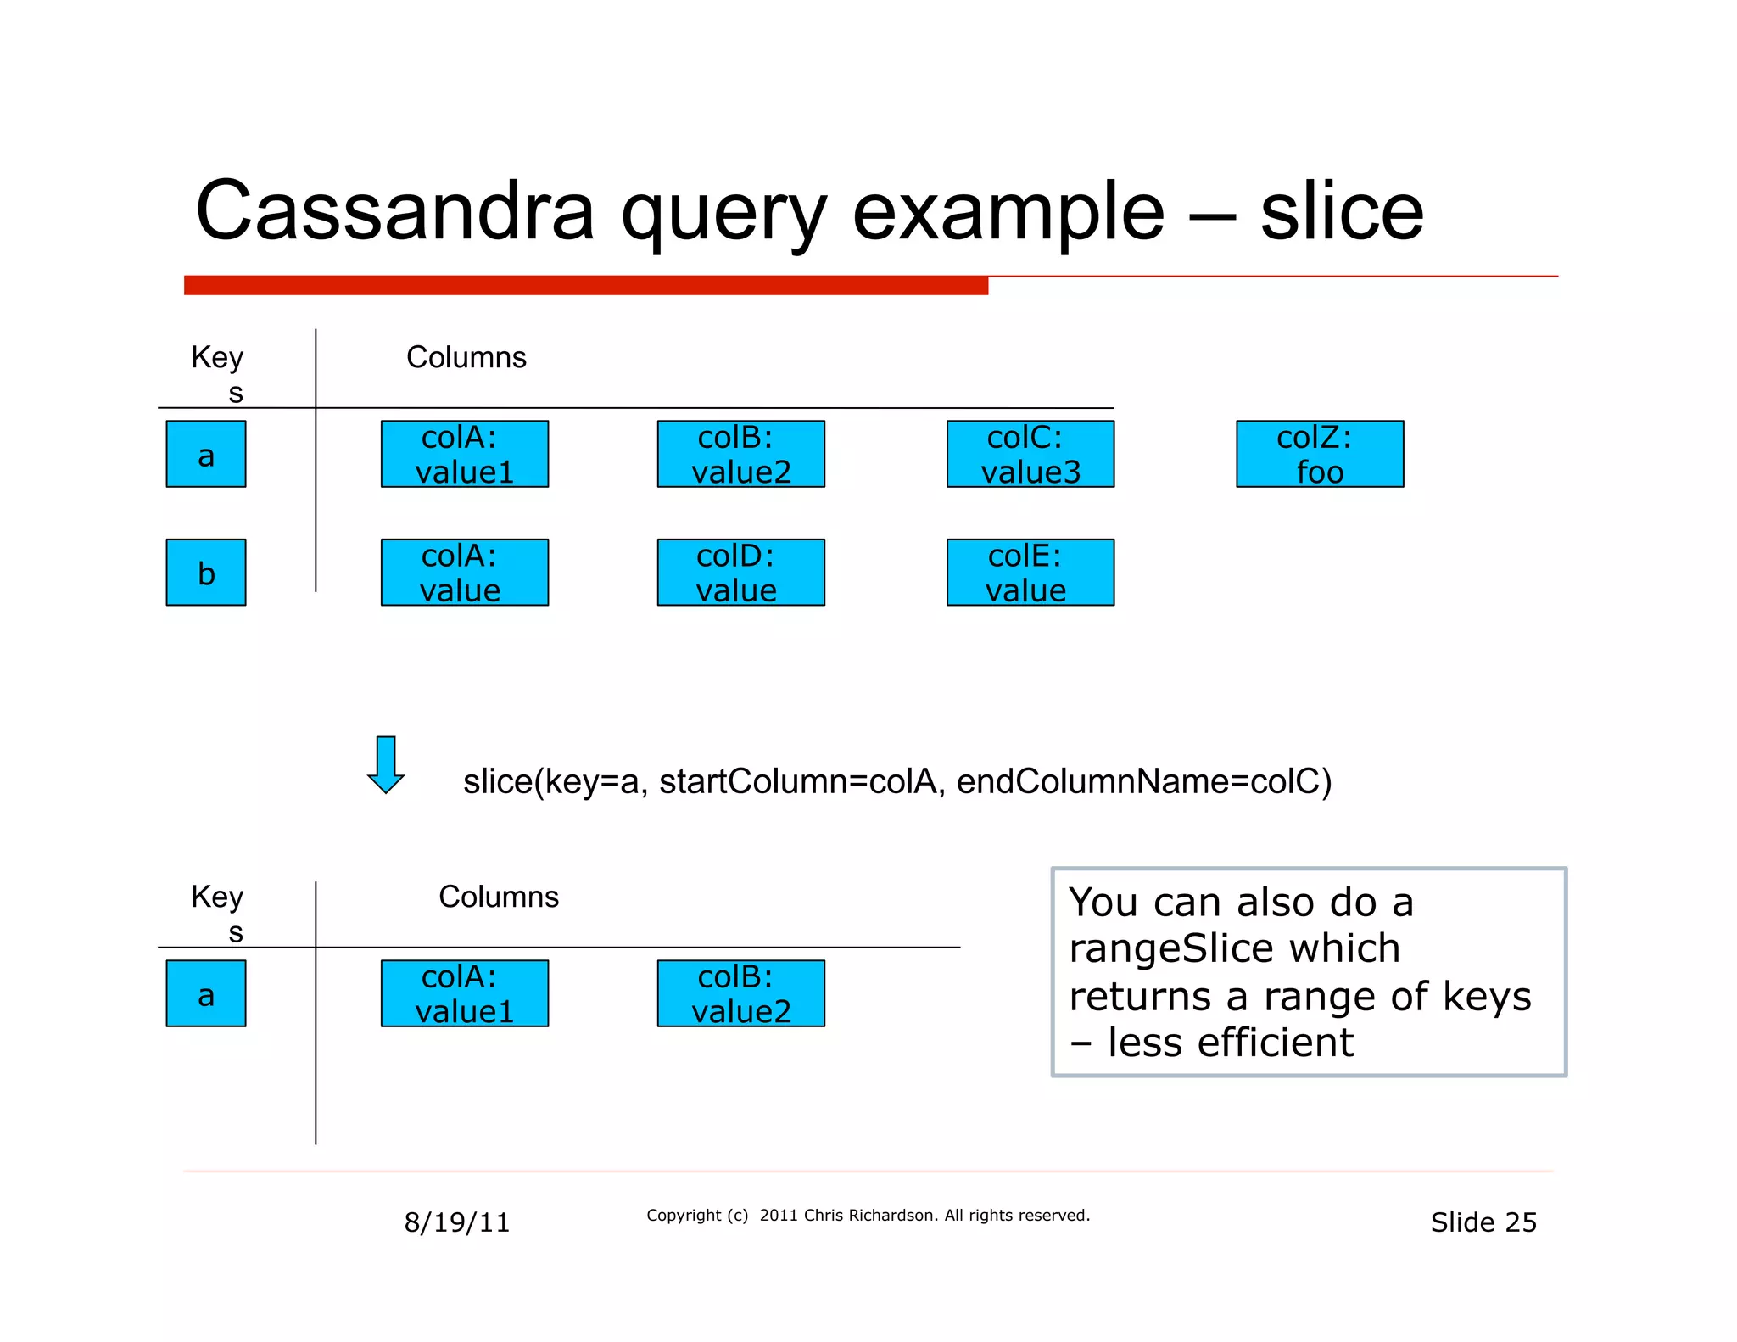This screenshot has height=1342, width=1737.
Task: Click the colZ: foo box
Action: (1319, 454)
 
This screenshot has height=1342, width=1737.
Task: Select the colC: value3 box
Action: (1030, 454)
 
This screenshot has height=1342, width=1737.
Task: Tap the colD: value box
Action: (740, 572)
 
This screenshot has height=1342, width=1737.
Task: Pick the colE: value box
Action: (1030, 572)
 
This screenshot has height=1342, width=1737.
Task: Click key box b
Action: (205, 572)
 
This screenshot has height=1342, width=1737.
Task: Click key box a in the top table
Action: (205, 454)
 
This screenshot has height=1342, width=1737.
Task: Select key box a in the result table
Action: (205, 993)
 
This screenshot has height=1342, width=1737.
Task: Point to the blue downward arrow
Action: (386, 764)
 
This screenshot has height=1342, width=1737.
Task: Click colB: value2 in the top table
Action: (740, 454)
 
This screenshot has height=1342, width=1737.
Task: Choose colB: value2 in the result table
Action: (740, 993)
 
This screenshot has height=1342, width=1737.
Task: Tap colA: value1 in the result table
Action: (464, 993)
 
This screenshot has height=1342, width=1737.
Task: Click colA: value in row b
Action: (464, 572)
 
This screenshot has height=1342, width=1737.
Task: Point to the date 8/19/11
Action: (456, 1222)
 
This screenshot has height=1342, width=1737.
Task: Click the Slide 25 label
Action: (1483, 1222)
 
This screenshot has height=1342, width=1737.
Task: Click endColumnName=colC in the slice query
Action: (1143, 781)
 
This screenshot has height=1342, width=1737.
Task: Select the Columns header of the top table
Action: (466, 357)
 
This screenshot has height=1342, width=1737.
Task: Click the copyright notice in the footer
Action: (868, 1215)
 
